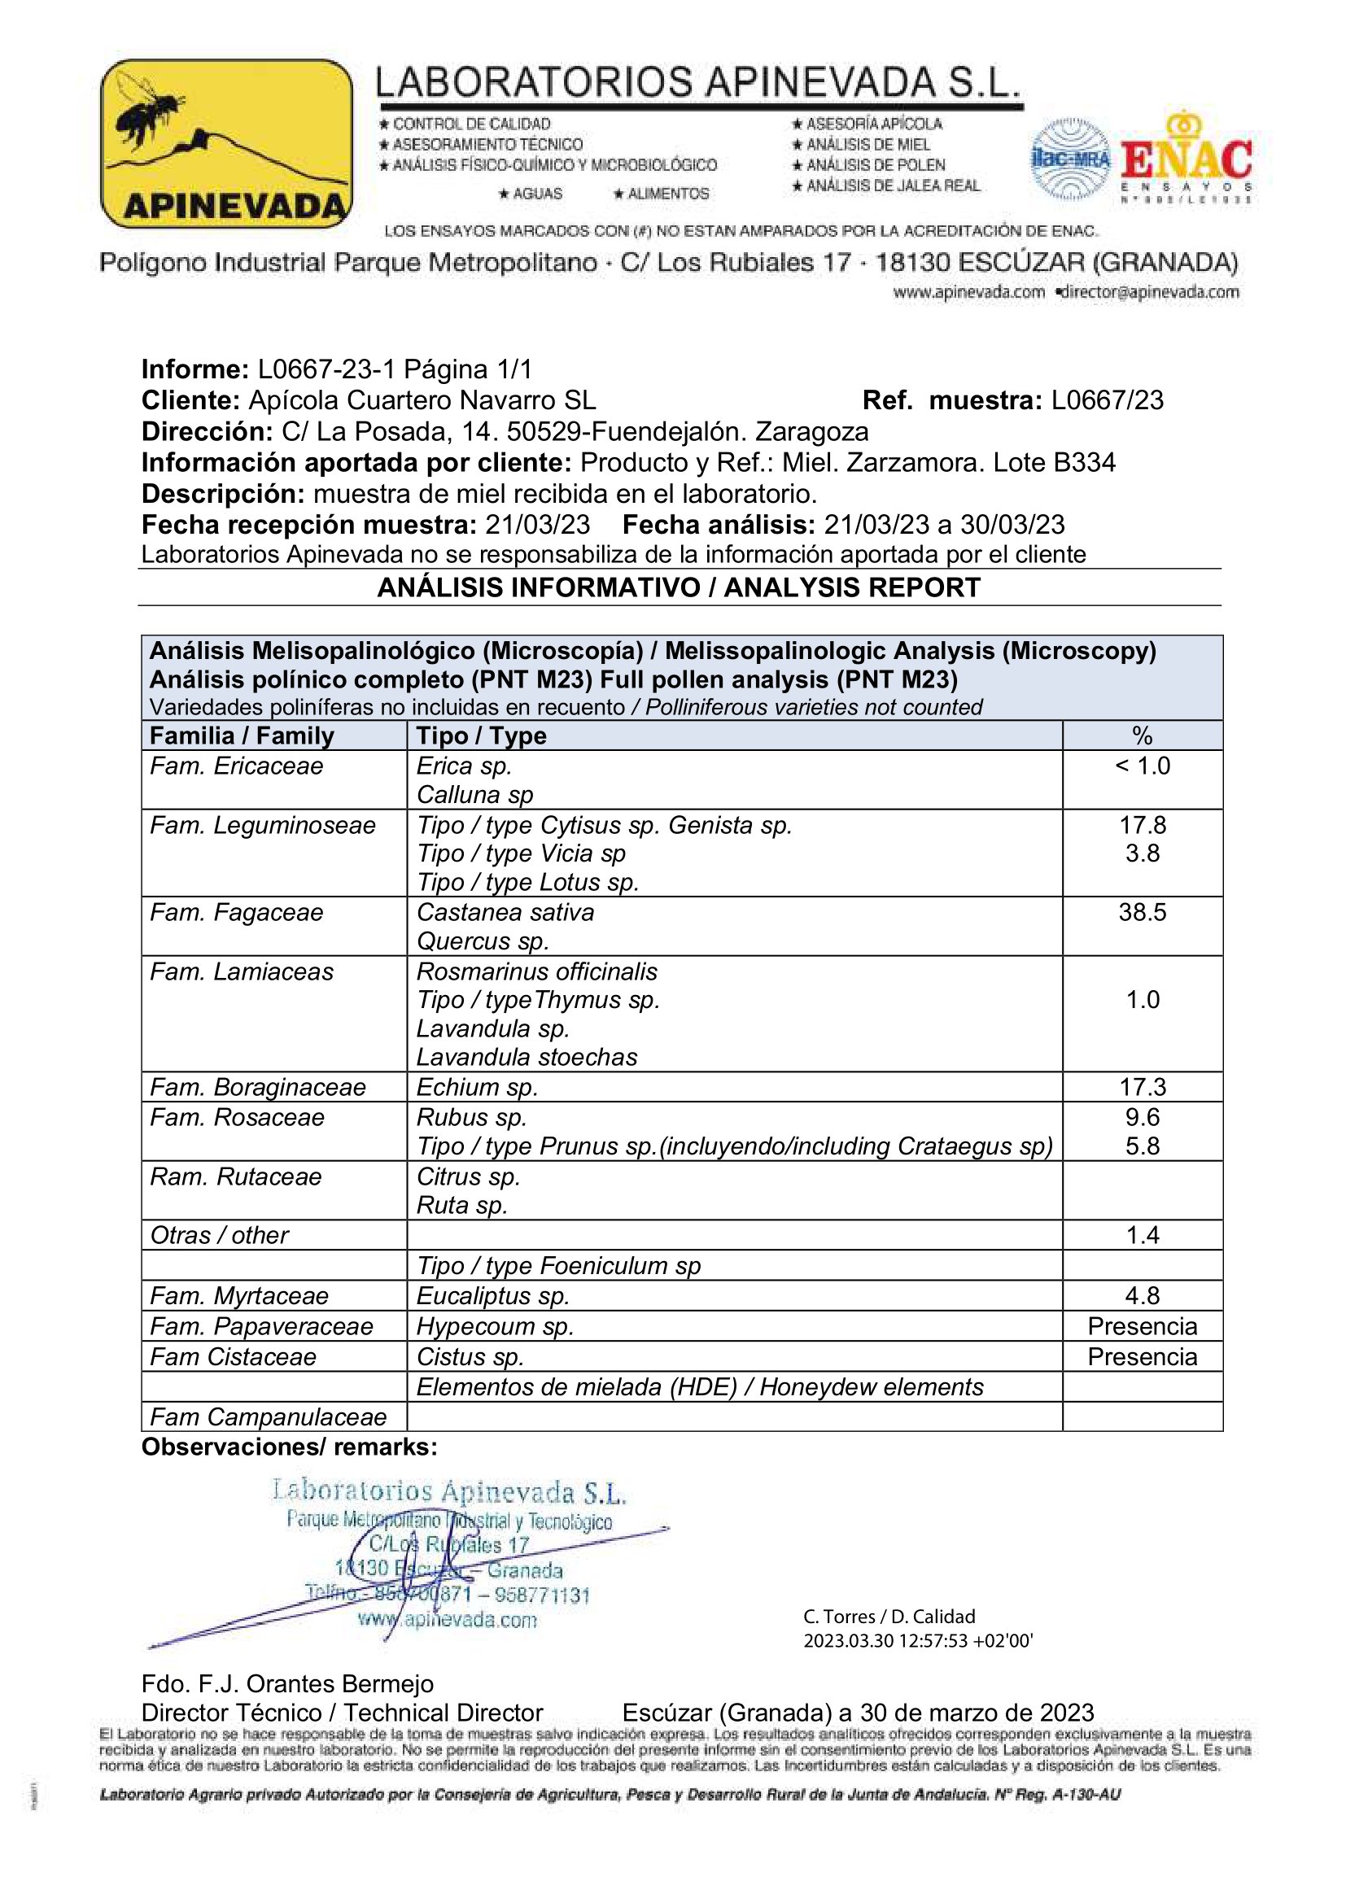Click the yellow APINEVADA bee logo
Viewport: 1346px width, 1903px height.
click(225, 143)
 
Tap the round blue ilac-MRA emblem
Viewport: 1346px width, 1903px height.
click(1070, 159)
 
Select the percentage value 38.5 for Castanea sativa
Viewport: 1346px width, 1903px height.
click(1142, 913)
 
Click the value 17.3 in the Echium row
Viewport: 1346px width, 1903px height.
click(1142, 1087)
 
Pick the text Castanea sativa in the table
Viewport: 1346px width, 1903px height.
click(505, 913)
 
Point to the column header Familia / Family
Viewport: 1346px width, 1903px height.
click(241, 735)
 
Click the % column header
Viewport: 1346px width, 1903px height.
click(1142, 735)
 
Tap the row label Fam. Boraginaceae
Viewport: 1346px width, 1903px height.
click(257, 1087)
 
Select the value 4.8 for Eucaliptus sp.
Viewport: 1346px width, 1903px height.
click(1142, 1295)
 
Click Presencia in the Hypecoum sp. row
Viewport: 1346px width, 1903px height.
click(1142, 1326)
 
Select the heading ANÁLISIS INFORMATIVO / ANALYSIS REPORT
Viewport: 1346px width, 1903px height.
click(679, 587)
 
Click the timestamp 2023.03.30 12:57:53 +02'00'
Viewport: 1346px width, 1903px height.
click(917, 1641)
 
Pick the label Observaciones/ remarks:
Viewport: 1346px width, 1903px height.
click(288, 1447)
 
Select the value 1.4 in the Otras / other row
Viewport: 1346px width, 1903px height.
click(1142, 1235)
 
